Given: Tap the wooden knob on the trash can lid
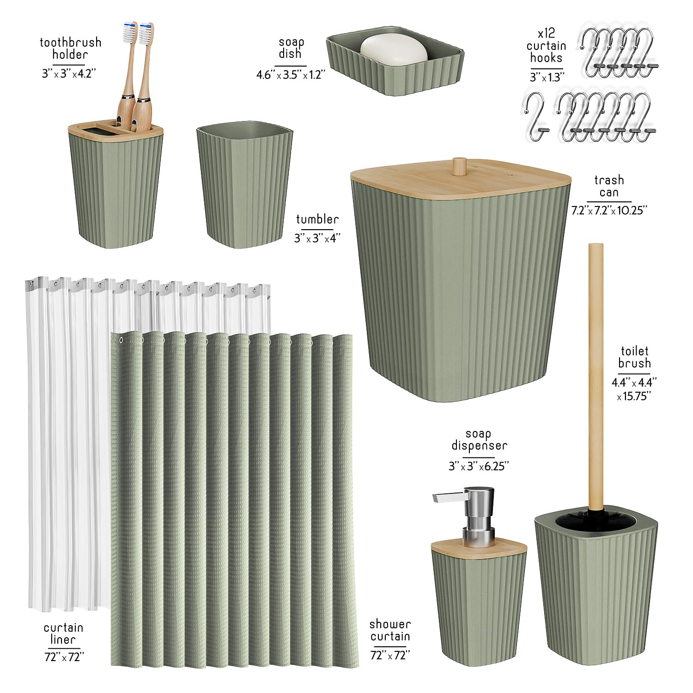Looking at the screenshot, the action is pyautogui.click(x=459, y=166).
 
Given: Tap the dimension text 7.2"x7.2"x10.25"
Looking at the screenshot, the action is pyautogui.click(x=609, y=210).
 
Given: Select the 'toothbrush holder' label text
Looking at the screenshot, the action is pyautogui.click(x=70, y=49).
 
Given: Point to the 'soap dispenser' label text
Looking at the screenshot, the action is pyautogui.click(x=479, y=439).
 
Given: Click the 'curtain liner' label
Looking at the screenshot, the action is pyautogui.click(x=63, y=633).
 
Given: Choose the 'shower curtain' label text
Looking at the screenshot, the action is pyautogui.click(x=390, y=630).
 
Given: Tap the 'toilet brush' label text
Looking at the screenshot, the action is pyautogui.click(x=634, y=357).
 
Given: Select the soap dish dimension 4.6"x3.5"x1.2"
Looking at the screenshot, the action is pyautogui.click(x=291, y=74).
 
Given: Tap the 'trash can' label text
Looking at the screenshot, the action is pyautogui.click(x=609, y=186).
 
